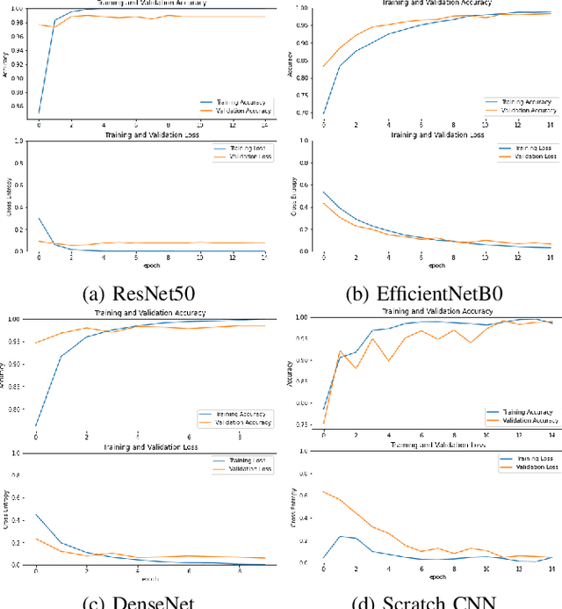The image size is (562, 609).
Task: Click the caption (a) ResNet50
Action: click(136, 294)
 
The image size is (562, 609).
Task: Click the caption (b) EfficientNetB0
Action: click(423, 294)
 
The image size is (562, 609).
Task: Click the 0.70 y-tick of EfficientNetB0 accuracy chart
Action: click(304, 113)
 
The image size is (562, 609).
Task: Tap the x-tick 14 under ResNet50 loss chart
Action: click(264, 257)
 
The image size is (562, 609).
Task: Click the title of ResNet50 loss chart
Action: click(152, 134)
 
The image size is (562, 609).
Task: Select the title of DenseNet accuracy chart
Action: click(152, 312)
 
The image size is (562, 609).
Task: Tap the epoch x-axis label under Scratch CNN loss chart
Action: click(436, 578)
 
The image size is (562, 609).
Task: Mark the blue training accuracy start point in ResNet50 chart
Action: click(39, 112)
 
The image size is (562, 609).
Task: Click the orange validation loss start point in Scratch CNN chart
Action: click(325, 491)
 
